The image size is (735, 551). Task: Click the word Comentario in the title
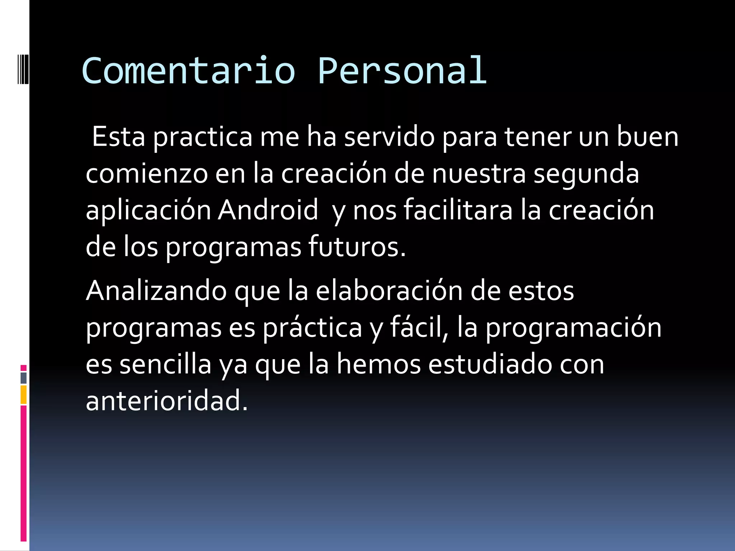click(x=188, y=71)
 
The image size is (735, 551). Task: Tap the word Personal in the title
click(x=402, y=71)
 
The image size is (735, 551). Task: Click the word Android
click(x=268, y=210)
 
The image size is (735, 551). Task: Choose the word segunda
click(x=586, y=174)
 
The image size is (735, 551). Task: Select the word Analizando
click(x=156, y=291)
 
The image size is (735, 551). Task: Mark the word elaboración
click(x=389, y=291)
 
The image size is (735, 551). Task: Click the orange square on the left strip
click(x=23, y=395)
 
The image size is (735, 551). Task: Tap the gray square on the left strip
click(x=23, y=378)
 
